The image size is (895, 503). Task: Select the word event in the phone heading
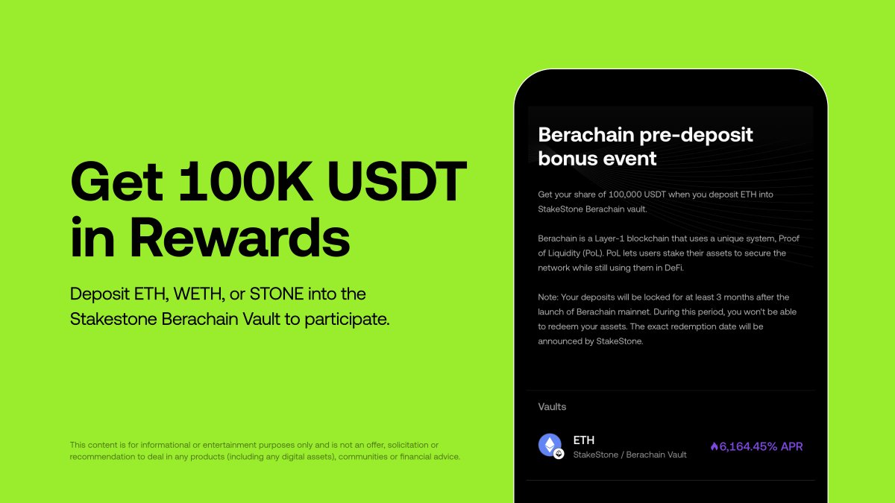point(630,158)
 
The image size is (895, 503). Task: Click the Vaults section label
point(552,407)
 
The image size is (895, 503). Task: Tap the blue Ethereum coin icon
point(550,445)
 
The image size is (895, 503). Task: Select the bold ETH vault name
point(584,440)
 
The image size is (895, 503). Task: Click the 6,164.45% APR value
point(761,446)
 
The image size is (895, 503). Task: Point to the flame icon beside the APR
point(714,446)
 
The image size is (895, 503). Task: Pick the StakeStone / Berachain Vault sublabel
point(629,455)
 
